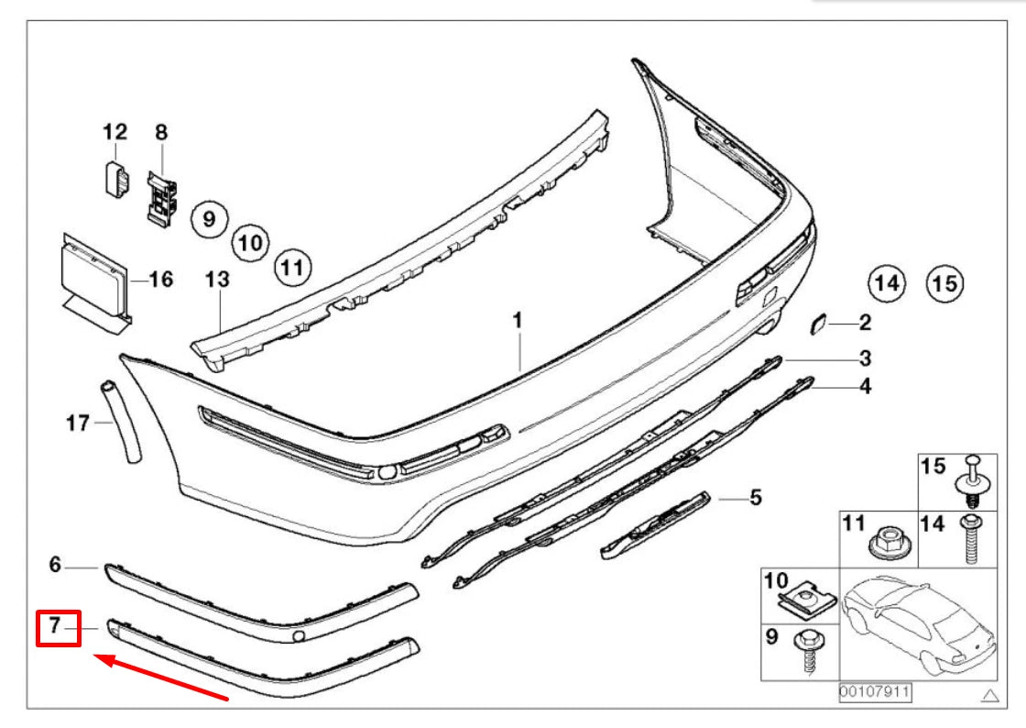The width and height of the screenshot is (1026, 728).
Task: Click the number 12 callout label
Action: [x=115, y=133]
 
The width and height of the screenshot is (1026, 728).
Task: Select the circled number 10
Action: [x=249, y=243]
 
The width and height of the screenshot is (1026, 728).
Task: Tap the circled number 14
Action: [x=886, y=282]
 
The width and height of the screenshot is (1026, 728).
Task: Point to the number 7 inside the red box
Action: [x=55, y=627]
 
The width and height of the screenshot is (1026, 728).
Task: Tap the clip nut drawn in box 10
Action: [x=806, y=601]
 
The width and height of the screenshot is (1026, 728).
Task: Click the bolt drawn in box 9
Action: [x=809, y=651]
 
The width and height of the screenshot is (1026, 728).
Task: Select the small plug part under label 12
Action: [x=115, y=174]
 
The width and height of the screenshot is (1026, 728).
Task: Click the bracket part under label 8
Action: [x=160, y=197]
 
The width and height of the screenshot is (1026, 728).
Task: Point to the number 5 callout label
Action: [x=755, y=499]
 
